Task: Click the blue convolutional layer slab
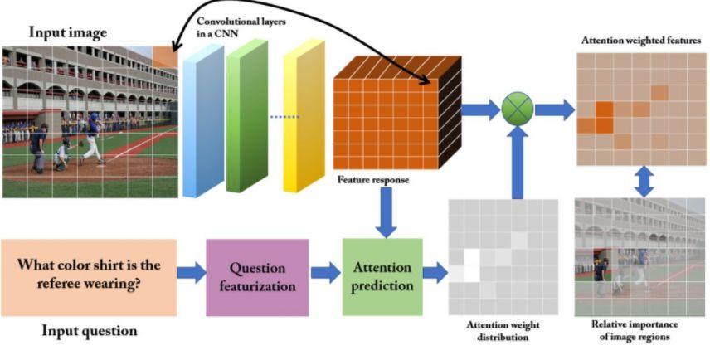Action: point(203,120)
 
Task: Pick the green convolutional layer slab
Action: point(246,116)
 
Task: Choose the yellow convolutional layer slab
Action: point(304,120)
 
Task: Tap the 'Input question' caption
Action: point(90,331)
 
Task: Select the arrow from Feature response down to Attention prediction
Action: point(385,211)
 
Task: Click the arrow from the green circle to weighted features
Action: point(554,108)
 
